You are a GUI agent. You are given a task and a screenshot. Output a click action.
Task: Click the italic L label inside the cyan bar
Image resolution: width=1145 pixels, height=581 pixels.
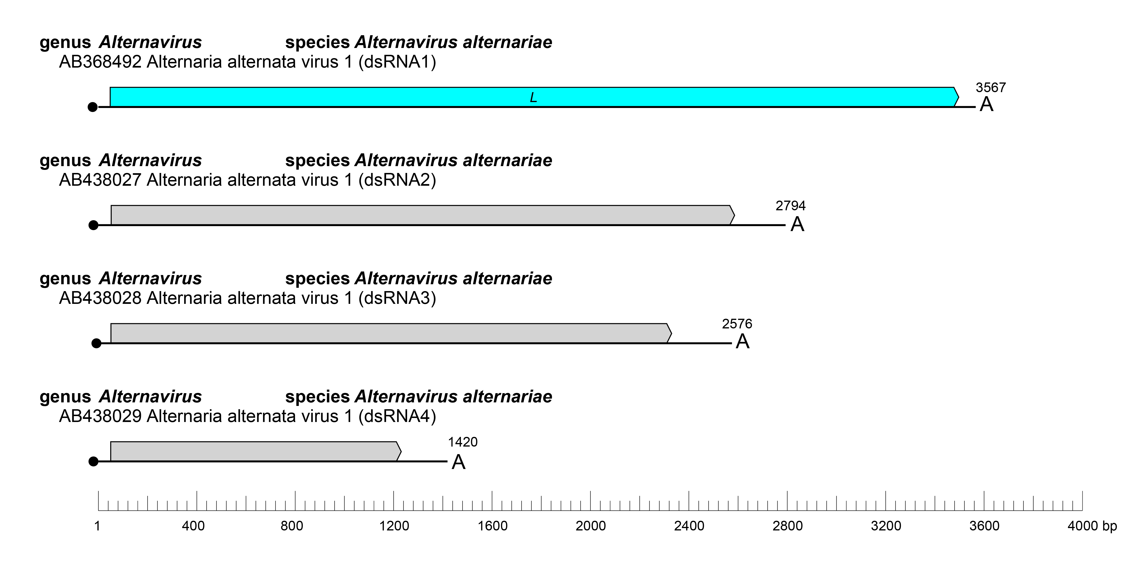[x=533, y=97]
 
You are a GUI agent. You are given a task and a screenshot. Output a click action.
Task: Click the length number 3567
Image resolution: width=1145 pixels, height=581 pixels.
[x=990, y=88]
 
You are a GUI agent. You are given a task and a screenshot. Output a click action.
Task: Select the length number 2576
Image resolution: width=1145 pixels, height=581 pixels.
[x=737, y=324]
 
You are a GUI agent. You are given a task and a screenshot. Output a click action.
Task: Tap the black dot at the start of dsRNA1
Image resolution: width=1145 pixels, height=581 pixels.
[x=93, y=107]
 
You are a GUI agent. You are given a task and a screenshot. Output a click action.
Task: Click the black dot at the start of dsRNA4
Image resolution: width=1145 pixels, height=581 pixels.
[x=93, y=461]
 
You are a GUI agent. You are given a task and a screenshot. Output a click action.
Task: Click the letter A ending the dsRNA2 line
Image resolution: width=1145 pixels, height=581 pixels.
[x=797, y=224]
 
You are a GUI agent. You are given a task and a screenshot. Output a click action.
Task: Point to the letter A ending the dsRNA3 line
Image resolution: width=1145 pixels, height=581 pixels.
[x=742, y=342]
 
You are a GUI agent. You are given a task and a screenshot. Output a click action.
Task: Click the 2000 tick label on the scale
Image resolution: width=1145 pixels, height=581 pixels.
[x=590, y=526]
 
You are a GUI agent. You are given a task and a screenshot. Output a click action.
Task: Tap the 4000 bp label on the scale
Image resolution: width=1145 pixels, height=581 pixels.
[x=1092, y=526]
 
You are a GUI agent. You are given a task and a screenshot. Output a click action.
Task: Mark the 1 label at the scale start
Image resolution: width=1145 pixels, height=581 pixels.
[x=97, y=526]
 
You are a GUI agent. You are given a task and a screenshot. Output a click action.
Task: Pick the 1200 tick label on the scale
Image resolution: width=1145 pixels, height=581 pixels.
[x=394, y=526]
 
